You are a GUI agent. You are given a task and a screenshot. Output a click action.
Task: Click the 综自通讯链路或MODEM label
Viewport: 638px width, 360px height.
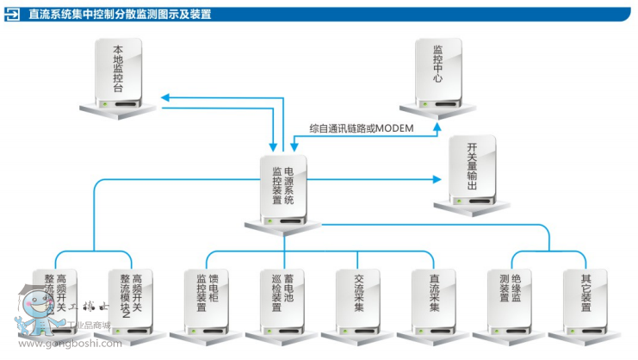(362, 129)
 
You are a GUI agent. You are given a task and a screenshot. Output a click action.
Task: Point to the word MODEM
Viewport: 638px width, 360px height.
(394, 129)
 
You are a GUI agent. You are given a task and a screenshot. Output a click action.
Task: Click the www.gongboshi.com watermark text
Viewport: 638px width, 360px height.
(70, 343)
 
